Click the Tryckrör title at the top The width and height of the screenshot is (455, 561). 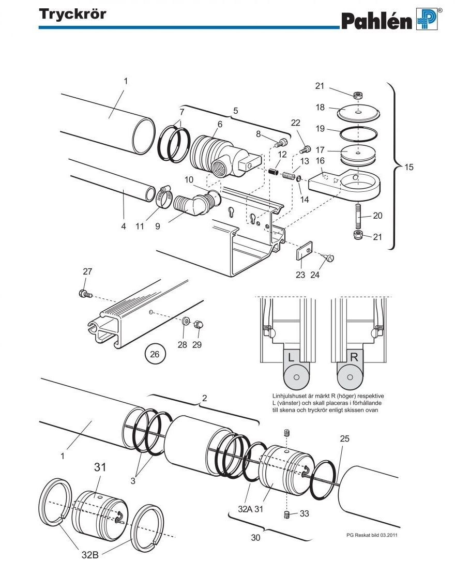click(x=72, y=14)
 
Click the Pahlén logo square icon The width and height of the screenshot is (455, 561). click(x=427, y=19)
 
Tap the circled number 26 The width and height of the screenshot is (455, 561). click(x=155, y=354)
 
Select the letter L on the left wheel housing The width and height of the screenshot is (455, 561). click(x=291, y=357)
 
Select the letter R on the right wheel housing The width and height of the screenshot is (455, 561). click(x=354, y=357)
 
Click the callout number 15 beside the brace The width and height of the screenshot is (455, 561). click(x=409, y=167)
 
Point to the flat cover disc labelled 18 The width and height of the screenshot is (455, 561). click(x=358, y=113)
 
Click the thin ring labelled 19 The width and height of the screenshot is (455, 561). click(x=358, y=134)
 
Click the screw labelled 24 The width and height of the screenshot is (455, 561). click(x=328, y=257)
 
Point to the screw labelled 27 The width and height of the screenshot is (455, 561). click(x=85, y=294)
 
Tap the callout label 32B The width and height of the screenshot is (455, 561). click(x=90, y=554)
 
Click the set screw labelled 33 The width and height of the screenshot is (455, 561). click(x=286, y=515)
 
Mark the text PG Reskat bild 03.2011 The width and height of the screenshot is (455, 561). click(x=372, y=535)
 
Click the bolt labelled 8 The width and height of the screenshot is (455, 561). click(x=281, y=143)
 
